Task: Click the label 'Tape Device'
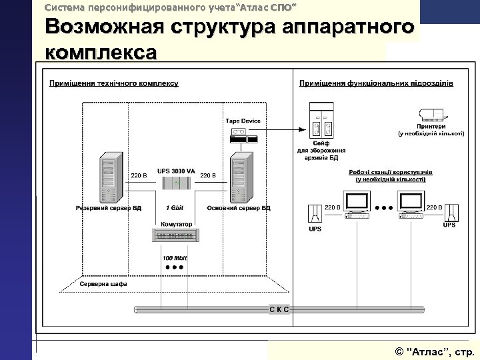(x=243, y=121)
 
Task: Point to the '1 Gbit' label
(x=175, y=208)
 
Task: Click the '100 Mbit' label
(x=175, y=257)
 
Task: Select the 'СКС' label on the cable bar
(x=279, y=309)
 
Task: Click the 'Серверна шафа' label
(x=103, y=284)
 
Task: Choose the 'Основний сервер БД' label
(x=239, y=208)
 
